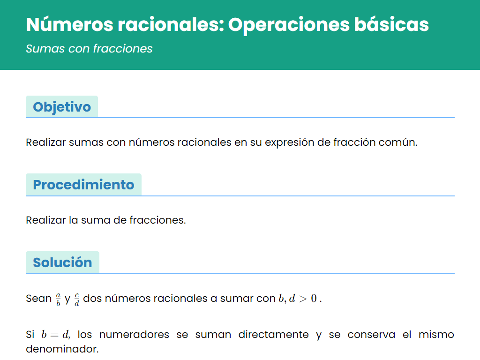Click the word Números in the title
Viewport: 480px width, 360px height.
click(69, 24)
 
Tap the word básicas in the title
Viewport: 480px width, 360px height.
click(391, 24)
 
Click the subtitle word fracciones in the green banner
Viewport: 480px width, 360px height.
click(123, 49)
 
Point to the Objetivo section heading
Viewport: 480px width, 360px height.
click(62, 107)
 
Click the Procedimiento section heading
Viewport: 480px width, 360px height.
click(83, 185)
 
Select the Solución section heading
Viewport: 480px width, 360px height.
click(62, 262)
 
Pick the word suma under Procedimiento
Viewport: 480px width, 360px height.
click(96, 220)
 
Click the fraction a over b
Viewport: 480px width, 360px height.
click(58, 299)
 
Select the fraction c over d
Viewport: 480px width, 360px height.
click(76, 299)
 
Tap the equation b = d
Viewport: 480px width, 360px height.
click(55, 335)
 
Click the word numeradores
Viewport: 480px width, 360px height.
click(134, 335)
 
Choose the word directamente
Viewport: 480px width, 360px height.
click(273, 335)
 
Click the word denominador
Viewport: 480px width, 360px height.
click(62, 349)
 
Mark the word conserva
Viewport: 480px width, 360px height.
click(371, 335)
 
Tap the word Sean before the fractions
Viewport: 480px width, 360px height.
click(38, 299)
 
